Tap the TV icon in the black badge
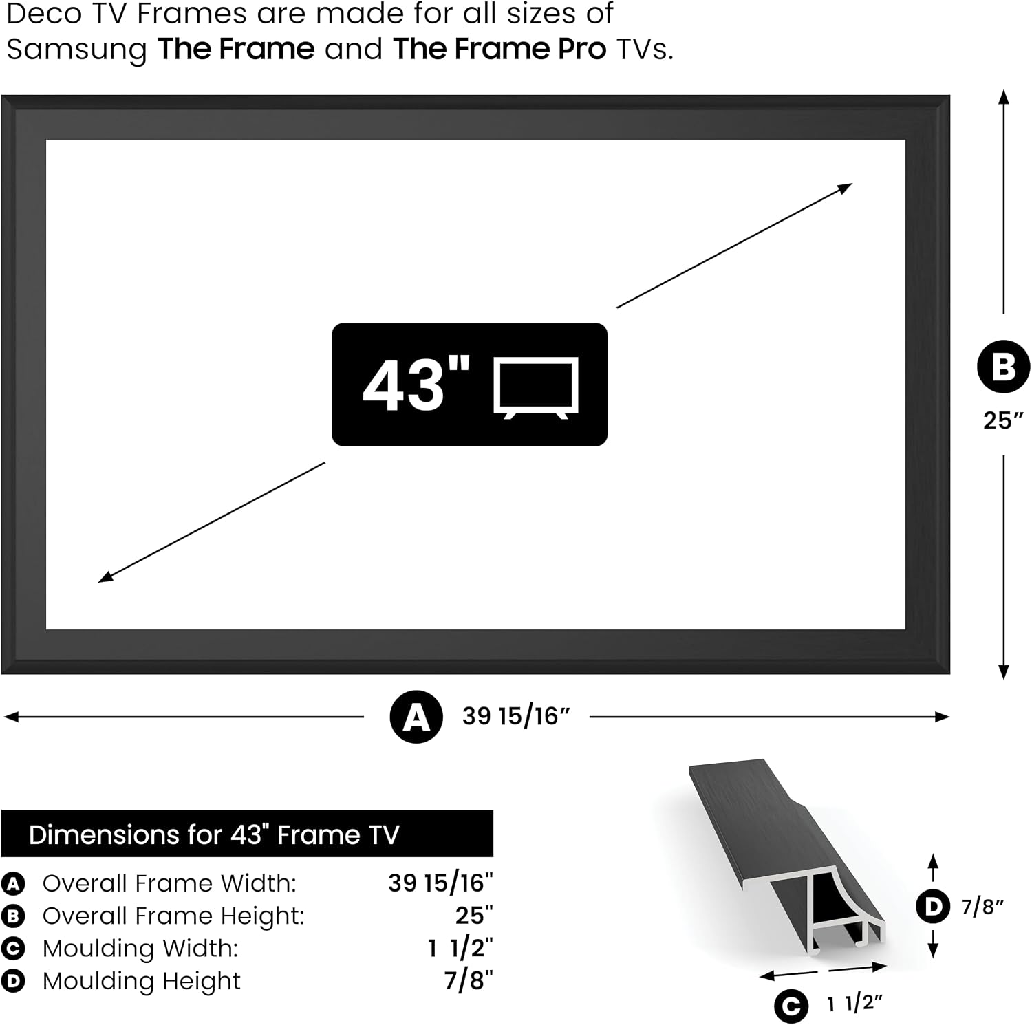pos(536,388)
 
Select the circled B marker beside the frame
pos(1004,367)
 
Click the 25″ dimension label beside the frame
pos(1003,420)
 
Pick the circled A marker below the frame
pos(416,717)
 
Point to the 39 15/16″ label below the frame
pos(516,716)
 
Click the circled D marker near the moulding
pos(934,907)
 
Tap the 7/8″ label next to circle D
pos(982,907)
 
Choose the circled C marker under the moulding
pos(791,1006)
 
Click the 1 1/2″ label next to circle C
pos(854,1004)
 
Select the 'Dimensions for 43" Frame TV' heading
pos(214,834)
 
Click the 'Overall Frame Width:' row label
pos(169,883)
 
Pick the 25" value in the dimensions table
pos(474,916)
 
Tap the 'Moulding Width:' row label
pos(140,948)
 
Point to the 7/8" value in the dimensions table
pos(469,980)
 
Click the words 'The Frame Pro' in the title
pos(499,49)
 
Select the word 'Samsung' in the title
pos(77,50)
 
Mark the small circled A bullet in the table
pos(13,884)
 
